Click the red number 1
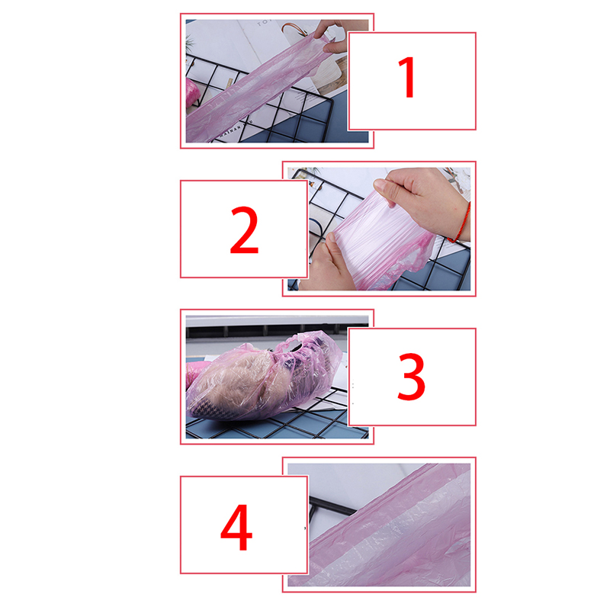[x=407, y=78]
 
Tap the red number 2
[x=244, y=230]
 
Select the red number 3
[x=411, y=377]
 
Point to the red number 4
[x=236, y=528]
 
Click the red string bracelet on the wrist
[x=461, y=223]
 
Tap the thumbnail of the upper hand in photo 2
[x=380, y=185]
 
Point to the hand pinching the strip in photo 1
[x=332, y=36]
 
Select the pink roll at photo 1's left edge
[x=192, y=93]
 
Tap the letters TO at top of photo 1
[x=263, y=23]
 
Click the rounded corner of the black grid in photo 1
[x=330, y=98]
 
